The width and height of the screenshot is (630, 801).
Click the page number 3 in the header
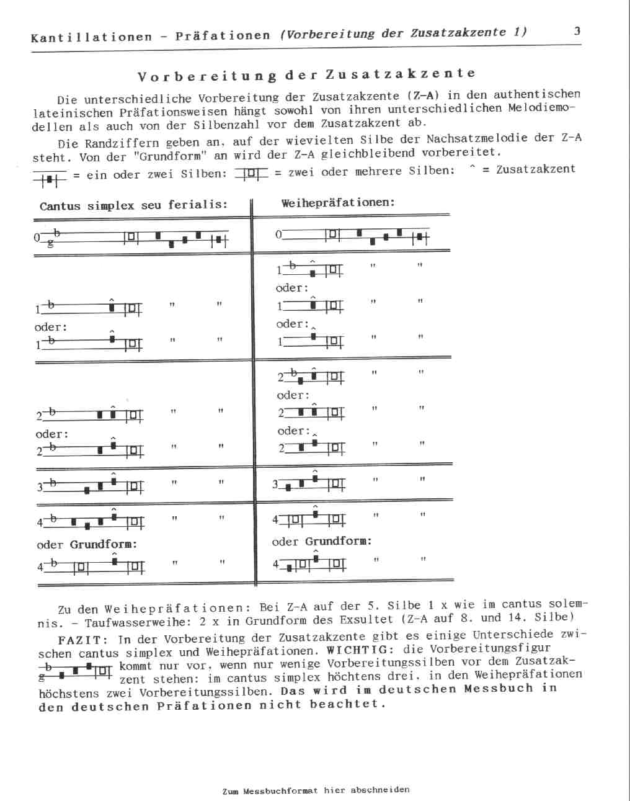pos(577,31)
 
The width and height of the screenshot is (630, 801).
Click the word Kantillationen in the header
pos(91,37)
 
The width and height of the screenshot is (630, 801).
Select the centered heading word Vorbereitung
pos(207,76)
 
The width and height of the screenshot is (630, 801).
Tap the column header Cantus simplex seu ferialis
pos(133,205)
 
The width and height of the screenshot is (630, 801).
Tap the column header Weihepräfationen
pos(338,203)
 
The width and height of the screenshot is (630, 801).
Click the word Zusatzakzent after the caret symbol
pos(536,169)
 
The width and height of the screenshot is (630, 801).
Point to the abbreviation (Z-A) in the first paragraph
pos(424,96)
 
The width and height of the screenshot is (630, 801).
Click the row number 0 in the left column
pos(37,237)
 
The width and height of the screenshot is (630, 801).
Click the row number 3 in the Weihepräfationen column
pos(275,485)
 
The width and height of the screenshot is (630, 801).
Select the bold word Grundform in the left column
pos(104,544)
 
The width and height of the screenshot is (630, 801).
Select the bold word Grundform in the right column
pos(339,541)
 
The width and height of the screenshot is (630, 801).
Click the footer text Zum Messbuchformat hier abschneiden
pos(316,790)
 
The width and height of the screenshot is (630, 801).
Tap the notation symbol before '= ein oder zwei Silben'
pos(50,179)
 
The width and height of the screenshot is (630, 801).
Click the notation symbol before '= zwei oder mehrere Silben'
pos(251,174)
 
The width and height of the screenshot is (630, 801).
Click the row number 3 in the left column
pos(40,487)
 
